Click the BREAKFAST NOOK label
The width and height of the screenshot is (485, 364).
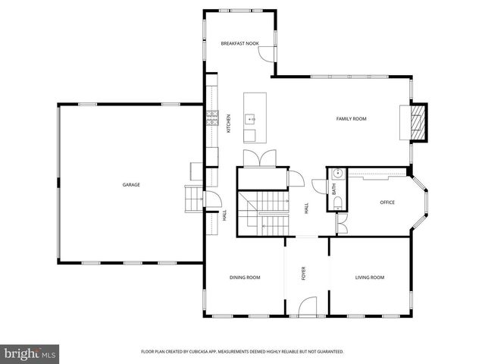pos(240,44)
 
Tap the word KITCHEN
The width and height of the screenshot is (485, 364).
pos(229,124)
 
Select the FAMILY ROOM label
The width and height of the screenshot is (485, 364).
pos(352,118)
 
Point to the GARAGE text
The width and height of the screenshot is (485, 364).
pos(132,184)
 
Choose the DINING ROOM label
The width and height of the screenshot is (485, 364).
pos(245,278)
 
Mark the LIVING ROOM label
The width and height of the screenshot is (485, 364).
pos(370,278)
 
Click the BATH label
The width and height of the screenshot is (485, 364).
pos(333,190)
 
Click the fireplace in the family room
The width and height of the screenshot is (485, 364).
pos(415,121)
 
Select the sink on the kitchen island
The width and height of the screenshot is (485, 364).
pos(250,119)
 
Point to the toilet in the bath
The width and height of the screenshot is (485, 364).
pos(339,201)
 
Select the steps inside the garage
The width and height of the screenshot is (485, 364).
pos(193,201)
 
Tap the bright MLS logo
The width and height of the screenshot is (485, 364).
pos(30,353)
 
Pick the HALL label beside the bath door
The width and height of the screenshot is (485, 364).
pos(307,208)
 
